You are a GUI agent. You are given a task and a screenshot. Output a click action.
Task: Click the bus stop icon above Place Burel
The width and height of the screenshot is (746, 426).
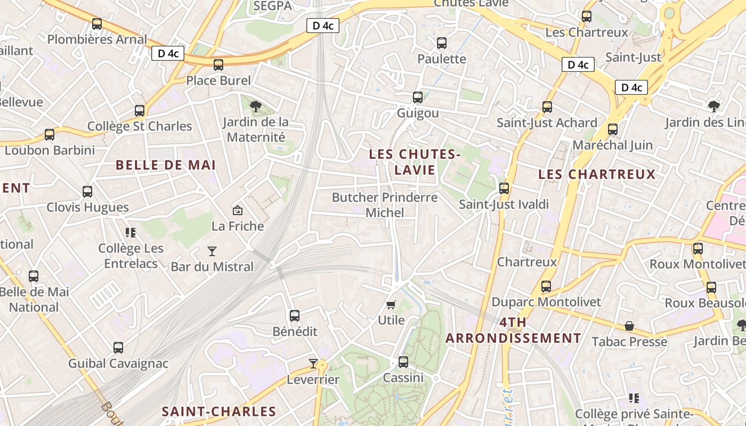click(x=218, y=65)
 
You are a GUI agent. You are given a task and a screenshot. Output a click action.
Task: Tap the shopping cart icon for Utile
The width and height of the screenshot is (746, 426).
click(x=391, y=305)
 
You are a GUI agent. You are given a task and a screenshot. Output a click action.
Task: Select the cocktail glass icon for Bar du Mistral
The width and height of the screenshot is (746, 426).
click(x=212, y=251)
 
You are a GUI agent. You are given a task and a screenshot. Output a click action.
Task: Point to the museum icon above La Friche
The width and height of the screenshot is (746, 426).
click(x=238, y=211)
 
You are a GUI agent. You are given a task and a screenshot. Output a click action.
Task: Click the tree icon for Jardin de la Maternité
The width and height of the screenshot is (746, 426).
click(x=256, y=106)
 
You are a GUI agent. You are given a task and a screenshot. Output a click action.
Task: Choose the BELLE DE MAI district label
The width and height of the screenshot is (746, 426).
click(x=166, y=165)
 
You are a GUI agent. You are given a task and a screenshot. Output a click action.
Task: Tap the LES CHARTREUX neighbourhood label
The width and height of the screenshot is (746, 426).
click(x=597, y=174)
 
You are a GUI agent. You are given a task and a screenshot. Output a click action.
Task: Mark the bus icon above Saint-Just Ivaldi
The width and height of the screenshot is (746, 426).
click(x=504, y=189)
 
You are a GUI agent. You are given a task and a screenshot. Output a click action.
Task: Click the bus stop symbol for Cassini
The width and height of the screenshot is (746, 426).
click(x=403, y=362)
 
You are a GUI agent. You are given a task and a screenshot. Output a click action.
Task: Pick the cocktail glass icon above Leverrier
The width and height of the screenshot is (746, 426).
click(x=313, y=364)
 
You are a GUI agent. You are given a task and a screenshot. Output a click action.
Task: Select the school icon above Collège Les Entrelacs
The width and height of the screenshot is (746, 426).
click(x=131, y=232)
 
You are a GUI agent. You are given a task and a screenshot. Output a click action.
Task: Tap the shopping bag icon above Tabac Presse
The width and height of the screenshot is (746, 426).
click(x=629, y=326)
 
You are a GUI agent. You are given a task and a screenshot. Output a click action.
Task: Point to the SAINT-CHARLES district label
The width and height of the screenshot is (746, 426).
click(x=219, y=412)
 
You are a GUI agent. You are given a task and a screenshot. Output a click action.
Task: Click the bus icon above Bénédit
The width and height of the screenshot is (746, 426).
click(x=295, y=316)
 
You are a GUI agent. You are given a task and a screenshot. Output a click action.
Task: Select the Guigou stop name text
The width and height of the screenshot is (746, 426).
click(x=418, y=113)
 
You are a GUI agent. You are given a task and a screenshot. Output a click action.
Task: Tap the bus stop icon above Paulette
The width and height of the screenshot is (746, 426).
click(x=442, y=43)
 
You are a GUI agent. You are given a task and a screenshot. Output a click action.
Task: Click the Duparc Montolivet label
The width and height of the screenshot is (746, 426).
click(x=546, y=302)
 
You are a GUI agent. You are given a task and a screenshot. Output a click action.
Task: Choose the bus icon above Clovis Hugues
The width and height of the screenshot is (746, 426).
click(x=87, y=192)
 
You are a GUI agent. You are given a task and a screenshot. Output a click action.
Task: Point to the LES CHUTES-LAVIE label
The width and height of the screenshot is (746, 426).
click(x=415, y=162)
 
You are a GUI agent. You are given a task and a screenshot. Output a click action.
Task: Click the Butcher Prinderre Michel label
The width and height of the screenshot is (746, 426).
click(x=385, y=205)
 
